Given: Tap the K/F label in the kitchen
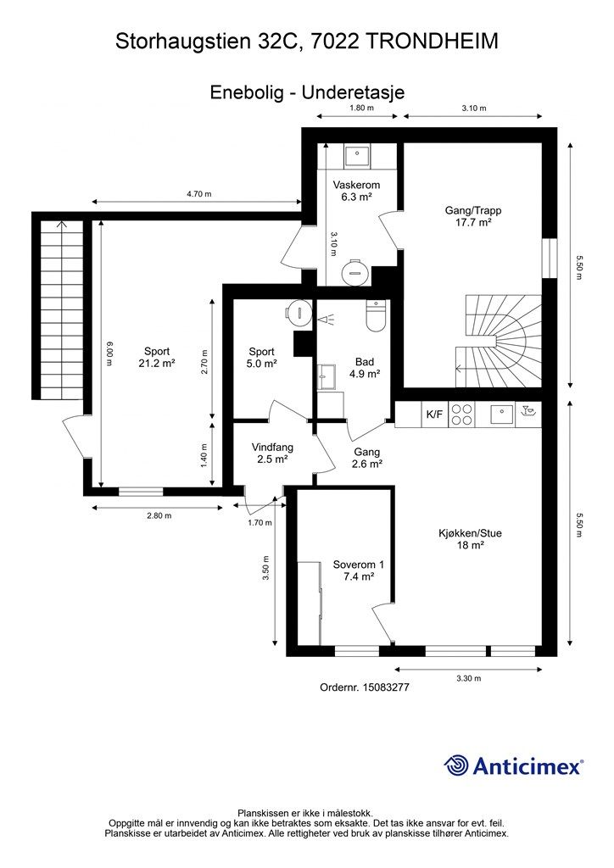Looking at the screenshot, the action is pyautogui.click(x=434, y=414).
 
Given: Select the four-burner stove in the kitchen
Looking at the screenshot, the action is pyautogui.click(x=461, y=415).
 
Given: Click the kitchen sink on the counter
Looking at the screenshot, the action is pyautogui.click(x=503, y=414).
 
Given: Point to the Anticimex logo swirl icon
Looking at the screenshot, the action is pyautogui.click(x=455, y=765).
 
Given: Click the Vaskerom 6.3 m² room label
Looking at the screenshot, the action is pyautogui.click(x=356, y=191).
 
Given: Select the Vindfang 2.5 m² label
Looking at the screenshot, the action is pyautogui.click(x=272, y=453).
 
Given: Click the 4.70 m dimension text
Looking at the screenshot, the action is pyautogui.click(x=198, y=194).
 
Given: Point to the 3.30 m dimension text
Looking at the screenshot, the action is pyautogui.click(x=468, y=678).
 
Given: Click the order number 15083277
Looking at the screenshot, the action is pyautogui.click(x=385, y=687).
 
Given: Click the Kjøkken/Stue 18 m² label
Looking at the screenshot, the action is pyautogui.click(x=470, y=539).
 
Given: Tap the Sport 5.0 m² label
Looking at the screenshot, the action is pyautogui.click(x=262, y=358).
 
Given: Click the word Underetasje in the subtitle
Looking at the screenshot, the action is pyautogui.click(x=354, y=92).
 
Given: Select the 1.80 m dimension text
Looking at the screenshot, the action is pyautogui.click(x=361, y=108).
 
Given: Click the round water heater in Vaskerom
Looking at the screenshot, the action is pyautogui.click(x=354, y=270).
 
